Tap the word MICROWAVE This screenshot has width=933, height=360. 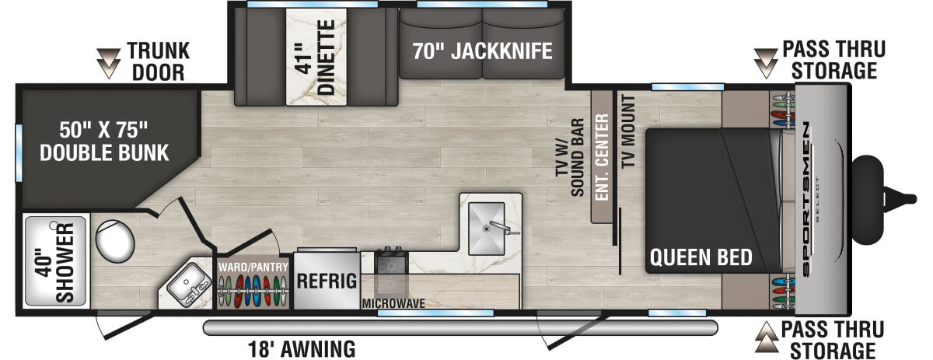pos(393,303)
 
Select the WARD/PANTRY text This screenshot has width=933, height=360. pos(253,267)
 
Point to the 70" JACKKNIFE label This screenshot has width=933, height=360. pos(482,52)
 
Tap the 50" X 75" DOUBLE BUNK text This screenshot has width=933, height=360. pos(103,141)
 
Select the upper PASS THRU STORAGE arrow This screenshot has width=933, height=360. pos(767,62)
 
